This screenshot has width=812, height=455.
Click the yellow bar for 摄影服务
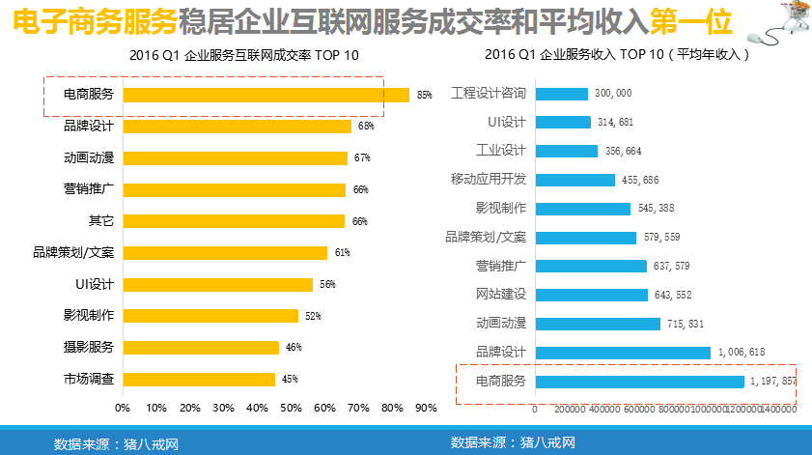pos(201,348)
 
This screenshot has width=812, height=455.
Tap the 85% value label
pos(424,95)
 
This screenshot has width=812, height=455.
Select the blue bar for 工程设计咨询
pos(561,94)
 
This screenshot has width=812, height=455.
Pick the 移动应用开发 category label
pos(488,180)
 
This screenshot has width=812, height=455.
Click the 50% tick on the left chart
pos(291,408)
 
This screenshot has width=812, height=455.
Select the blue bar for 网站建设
pos(591,295)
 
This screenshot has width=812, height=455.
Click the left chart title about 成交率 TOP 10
pos(243,55)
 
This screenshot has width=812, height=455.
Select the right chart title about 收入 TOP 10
pos(618,55)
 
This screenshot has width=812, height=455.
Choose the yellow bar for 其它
pos(234,221)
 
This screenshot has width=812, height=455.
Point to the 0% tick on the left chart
pos(123,408)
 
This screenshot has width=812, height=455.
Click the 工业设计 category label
pos(501,151)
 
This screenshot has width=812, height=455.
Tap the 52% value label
pos(313,316)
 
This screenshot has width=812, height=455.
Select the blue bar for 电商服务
pos(639,382)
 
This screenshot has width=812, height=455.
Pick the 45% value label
pos(290,380)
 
